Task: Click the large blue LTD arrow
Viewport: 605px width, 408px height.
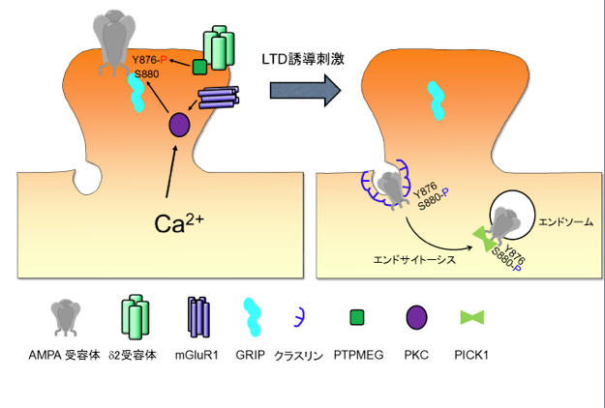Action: click(304, 90)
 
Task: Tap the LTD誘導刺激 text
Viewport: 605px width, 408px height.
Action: click(303, 59)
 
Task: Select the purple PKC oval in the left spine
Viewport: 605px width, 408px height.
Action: click(179, 124)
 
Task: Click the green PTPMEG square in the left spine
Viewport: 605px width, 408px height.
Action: click(199, 67)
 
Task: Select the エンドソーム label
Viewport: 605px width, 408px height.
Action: click(563, 221)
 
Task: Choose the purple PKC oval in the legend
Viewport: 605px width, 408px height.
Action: click(417, 316)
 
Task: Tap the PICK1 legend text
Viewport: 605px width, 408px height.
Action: click(471, 355)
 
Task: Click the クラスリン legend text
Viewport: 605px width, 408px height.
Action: click(302, 355)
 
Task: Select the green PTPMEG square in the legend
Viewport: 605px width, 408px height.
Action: click(356, 317)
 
